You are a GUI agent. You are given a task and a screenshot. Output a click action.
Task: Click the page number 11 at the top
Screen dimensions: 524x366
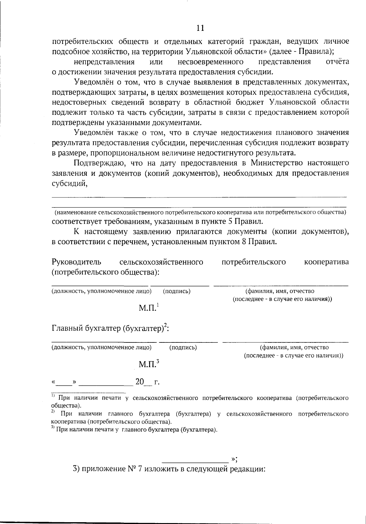coord(200,28)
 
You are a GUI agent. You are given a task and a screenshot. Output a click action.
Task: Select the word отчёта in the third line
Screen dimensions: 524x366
coord(337,62)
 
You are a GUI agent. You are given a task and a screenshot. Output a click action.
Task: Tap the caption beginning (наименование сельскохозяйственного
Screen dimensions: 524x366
coord(200,212)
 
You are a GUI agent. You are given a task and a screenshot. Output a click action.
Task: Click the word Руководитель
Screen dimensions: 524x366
coord(76,262)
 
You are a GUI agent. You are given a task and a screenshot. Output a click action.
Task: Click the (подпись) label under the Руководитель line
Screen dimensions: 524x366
coord(177,291)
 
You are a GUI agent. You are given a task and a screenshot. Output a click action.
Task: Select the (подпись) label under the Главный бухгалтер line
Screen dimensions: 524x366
coord(183,347)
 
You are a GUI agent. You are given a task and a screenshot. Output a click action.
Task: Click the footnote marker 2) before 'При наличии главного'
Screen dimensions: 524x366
coord(53,412)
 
